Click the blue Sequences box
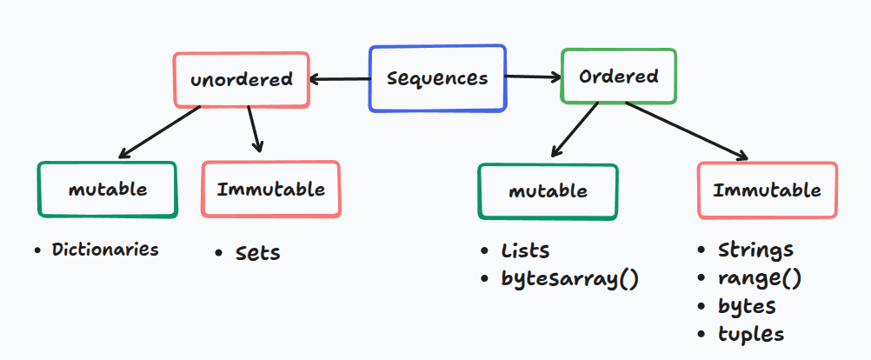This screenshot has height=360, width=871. [x=437, y=78]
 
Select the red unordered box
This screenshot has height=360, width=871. [x=241, y=80]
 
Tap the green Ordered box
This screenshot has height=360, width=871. [x=618, y=77]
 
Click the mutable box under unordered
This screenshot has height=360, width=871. [x=107, y=189]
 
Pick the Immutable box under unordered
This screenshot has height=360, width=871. [x=270, y=189]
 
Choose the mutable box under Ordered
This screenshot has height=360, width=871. [x=548, y=190]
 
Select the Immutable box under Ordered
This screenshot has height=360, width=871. [x=767, y=190]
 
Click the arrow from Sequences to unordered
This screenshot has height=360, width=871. [x=339, y=80]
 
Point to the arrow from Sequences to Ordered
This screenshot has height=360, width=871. [x=533, y=77]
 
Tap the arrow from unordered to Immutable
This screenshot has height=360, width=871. [x=254, y=130]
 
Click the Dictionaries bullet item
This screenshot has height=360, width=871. [x=105, y=250]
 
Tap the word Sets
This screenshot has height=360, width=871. [x=258, y=253]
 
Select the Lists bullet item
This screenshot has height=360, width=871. [x=525, y=251]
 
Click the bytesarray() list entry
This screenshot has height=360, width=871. [x=569, y=279]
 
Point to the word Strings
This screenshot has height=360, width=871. [x=755, y=250]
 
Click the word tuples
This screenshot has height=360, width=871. [x=750, y=334]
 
